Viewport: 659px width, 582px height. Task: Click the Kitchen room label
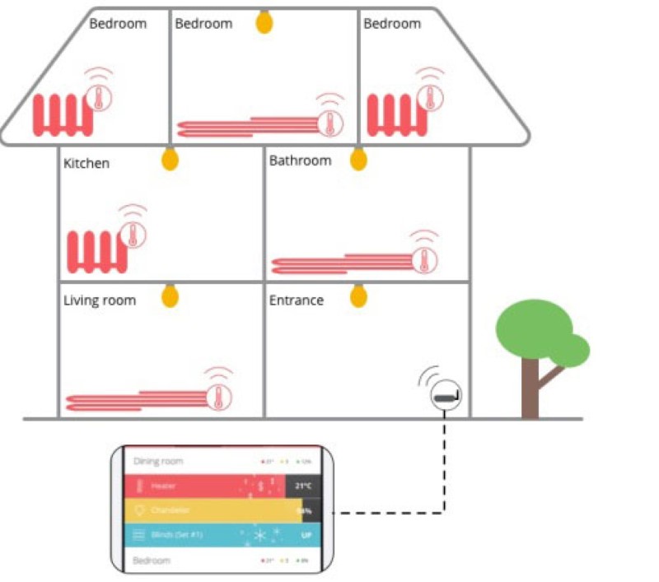(86, 164)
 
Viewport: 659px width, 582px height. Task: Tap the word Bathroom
(300, 161)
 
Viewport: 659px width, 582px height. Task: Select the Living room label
(99, 300)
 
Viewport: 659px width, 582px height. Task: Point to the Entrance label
(296, 300)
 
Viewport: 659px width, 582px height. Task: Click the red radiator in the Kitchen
(96, 252)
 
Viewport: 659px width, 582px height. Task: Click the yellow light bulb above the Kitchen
(169, 158)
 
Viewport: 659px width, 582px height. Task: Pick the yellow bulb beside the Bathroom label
(358, 158)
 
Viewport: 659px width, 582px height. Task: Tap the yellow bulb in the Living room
(170, 295)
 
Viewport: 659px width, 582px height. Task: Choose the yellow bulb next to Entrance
(358, 295)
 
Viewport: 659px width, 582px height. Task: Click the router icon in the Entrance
(446, 398)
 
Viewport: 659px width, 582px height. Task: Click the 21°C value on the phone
(303, 486)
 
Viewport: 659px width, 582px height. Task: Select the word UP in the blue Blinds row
(306, 535)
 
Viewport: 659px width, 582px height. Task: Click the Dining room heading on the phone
(158, 462)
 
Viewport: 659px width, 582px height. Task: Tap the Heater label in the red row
(163, 486)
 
